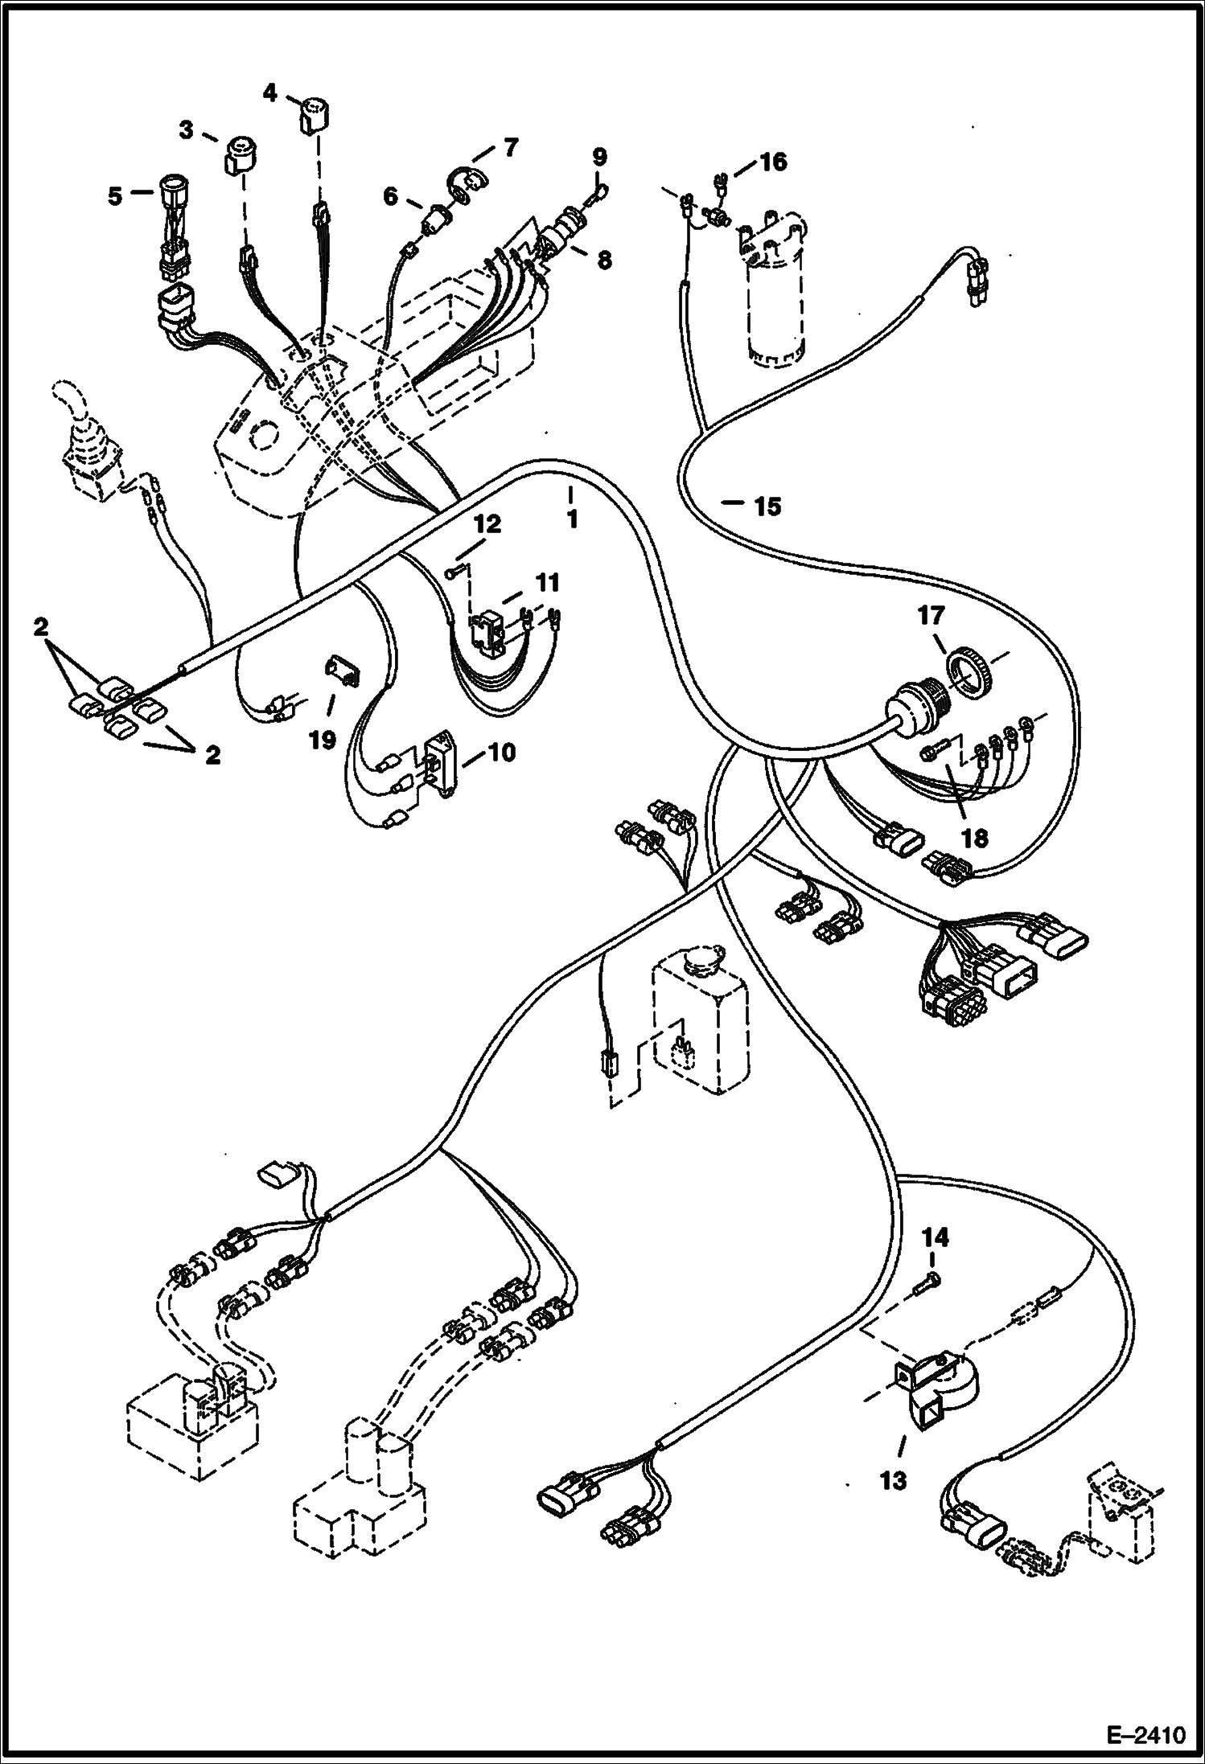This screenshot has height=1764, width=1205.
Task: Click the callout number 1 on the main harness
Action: [572, 520]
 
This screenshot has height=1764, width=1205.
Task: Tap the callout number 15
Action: [767, 507]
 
